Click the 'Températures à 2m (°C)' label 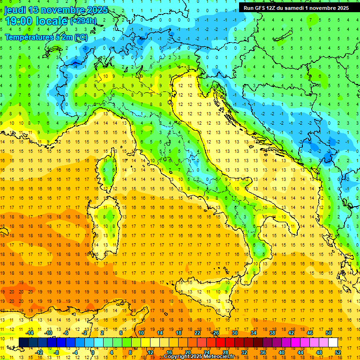pos(46,37)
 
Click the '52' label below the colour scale pos(338,352)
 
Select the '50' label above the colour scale pos(328,333)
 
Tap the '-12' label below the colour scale pos(39,352)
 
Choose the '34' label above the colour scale pos(254,333)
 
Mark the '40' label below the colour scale pos(282,352)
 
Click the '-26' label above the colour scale pos(215,333)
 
